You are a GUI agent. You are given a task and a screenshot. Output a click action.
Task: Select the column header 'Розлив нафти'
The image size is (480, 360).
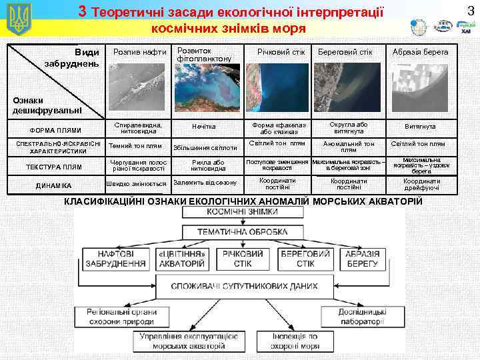coord(139,52)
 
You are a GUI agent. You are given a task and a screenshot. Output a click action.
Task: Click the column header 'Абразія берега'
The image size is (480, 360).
coord(420,52)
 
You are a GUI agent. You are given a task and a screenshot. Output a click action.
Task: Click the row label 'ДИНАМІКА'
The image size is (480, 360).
coord(55,185)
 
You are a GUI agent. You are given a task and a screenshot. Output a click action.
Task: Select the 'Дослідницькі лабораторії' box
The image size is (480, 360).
coord(361,316)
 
